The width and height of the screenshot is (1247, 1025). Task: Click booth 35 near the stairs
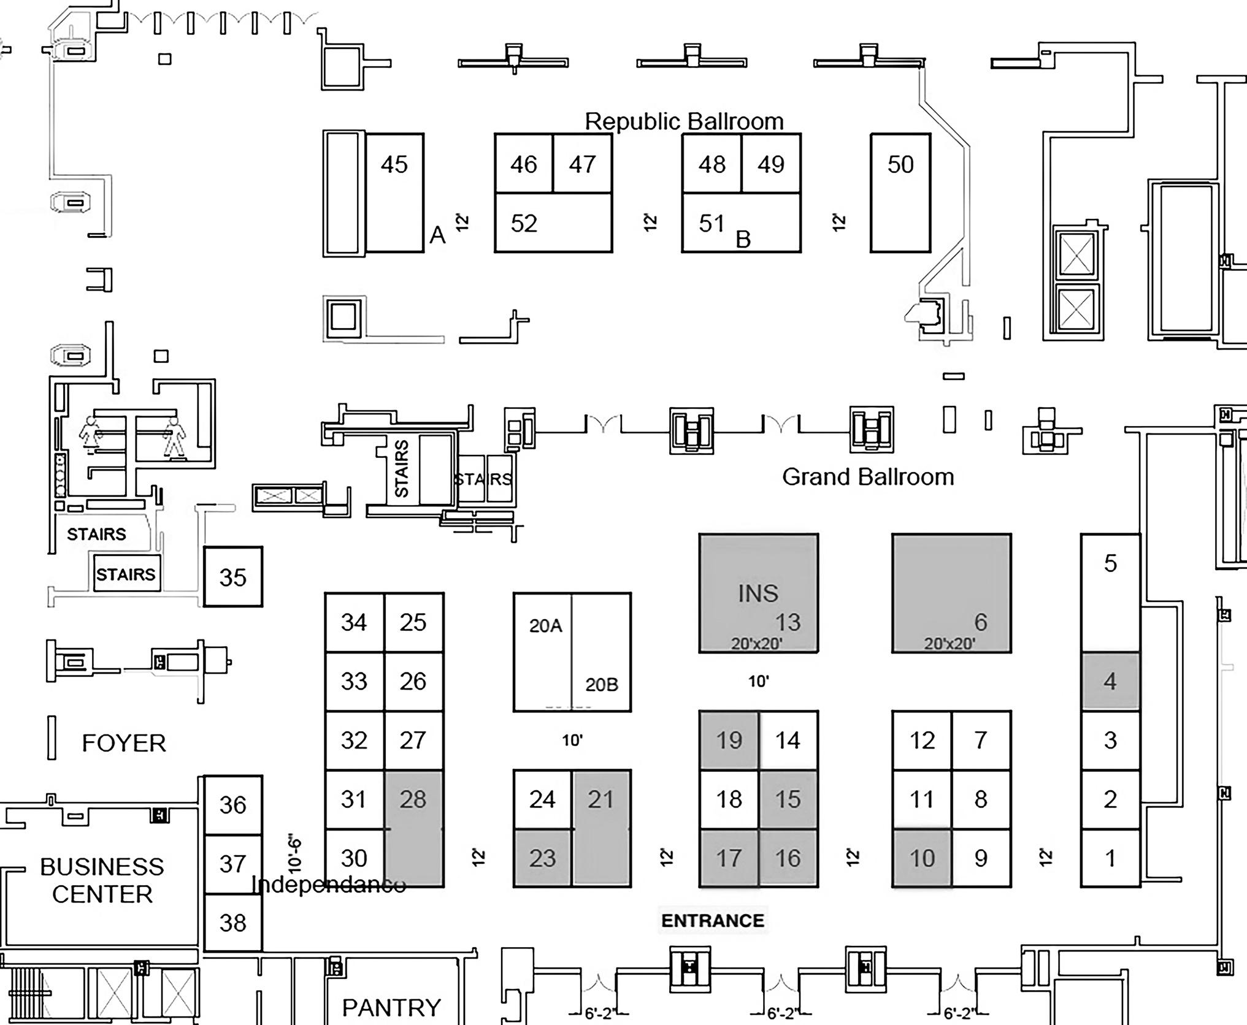233,577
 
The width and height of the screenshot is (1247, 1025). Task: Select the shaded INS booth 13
759,593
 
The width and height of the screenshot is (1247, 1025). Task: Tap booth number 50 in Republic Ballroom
900,192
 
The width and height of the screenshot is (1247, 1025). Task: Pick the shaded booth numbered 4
1110,681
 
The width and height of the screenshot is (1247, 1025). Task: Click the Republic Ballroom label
684,121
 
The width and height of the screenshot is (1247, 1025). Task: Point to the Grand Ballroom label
868,477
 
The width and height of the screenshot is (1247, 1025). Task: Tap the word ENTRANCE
713,920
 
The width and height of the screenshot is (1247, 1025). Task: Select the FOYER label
124,743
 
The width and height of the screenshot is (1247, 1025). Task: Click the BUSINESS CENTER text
102,880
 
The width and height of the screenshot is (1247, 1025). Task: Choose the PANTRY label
391,1007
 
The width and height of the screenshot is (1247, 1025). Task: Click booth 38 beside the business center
233,923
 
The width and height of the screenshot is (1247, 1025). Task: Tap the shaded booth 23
543,858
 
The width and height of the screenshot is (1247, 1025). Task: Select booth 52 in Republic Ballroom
553,223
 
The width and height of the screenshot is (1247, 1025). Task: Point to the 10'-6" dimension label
295,853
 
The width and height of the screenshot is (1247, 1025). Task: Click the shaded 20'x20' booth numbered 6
951,593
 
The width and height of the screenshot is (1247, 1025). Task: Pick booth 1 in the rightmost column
1110,858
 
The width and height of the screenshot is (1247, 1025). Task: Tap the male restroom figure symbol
175,437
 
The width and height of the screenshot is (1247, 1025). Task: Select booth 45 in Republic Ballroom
394,192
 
